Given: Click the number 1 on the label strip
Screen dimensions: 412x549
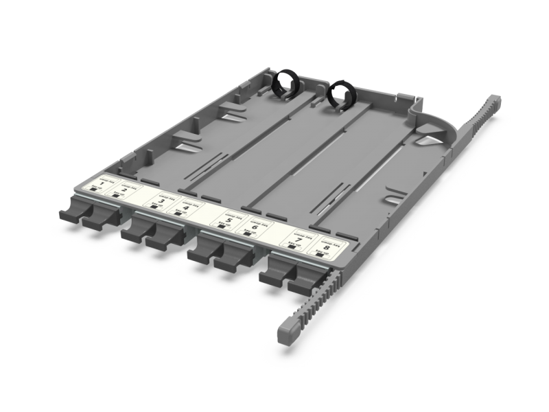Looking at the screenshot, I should coord(102,186).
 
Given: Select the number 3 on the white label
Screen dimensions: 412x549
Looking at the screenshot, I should coord(161,201).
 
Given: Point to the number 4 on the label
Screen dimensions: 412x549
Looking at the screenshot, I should coord(187,207).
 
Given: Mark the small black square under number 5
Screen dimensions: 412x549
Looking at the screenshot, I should coord(222,227).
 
